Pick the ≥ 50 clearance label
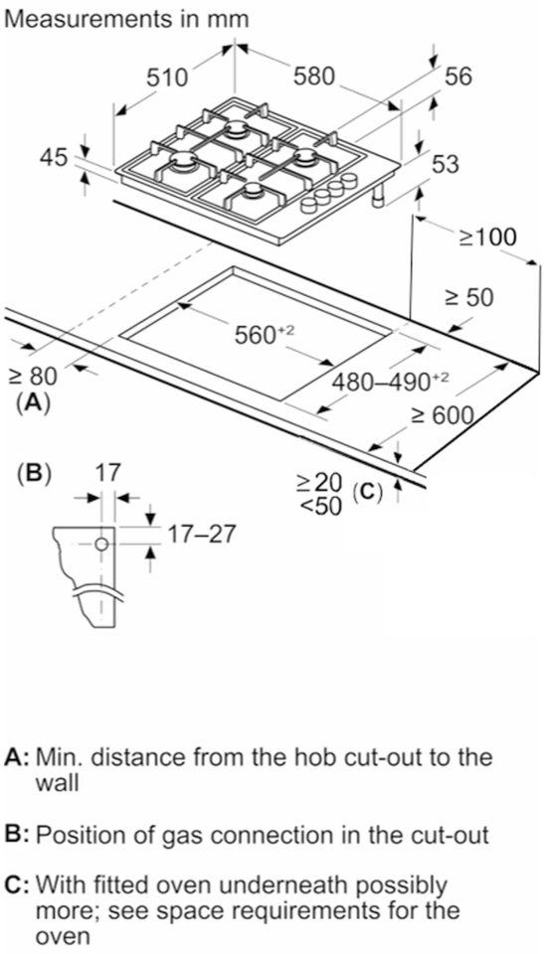click(x=468, y=297)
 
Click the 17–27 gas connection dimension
click(x=202, y=535)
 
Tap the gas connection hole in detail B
click(x=101, y=545)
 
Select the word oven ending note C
click(x=56, y=936)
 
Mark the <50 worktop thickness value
click(x=319, y=504)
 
